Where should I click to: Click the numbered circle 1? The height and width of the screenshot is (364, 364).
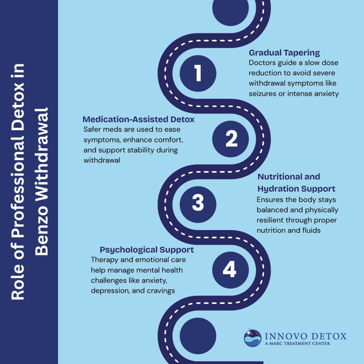pyautogui.click(x=198, y=73)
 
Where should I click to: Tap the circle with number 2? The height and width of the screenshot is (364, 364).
pyautogui.click(x=231, y=139)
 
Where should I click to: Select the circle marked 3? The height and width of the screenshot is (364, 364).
pyautogui.click(x=198, y=204)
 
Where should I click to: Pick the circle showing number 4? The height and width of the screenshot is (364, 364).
pyautogui.click(x=231, y=270)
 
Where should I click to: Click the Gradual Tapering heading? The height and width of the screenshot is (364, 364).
pyautogui.click(x=284, y=53)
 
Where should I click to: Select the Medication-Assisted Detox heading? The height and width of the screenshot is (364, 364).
pyautogui.click(x=138, y=120)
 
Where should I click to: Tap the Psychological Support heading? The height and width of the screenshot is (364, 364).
pyautogui.click(x=147, y=250)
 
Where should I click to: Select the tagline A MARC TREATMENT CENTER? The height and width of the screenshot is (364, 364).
pyautogui.click(x=298, y=343)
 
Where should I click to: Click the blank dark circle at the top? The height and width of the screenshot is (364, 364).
pyautogui.click(x=231, y=8)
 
